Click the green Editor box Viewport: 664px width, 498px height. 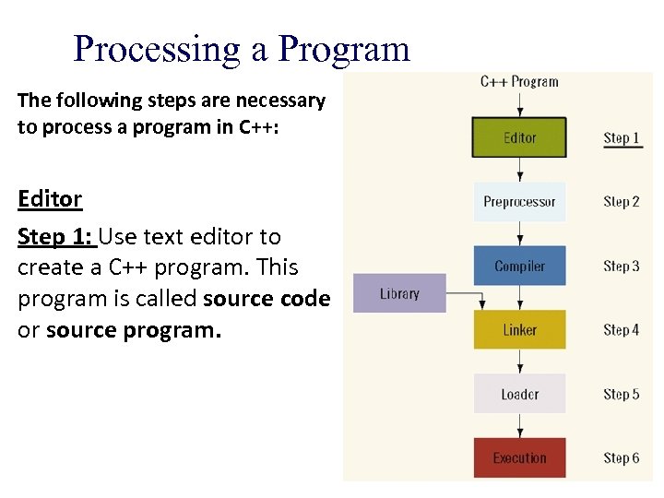519,137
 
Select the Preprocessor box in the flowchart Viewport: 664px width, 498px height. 519,202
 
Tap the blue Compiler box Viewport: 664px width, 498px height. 519,267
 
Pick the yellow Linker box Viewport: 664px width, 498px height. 519,330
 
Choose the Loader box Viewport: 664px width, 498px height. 519,394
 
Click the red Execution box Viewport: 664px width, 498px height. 519,457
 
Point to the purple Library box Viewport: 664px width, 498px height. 399,294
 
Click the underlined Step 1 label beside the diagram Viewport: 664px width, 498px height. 622,138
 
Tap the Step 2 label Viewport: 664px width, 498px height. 622,202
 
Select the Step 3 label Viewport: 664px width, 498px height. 622,267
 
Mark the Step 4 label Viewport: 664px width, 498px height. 622,330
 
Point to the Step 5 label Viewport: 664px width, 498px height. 622,394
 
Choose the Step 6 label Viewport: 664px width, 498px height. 622,457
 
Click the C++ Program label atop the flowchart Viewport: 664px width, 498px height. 519,81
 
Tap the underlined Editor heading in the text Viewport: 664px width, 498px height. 50,198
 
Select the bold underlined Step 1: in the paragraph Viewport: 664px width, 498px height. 56,237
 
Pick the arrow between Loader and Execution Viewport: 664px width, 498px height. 520,425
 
